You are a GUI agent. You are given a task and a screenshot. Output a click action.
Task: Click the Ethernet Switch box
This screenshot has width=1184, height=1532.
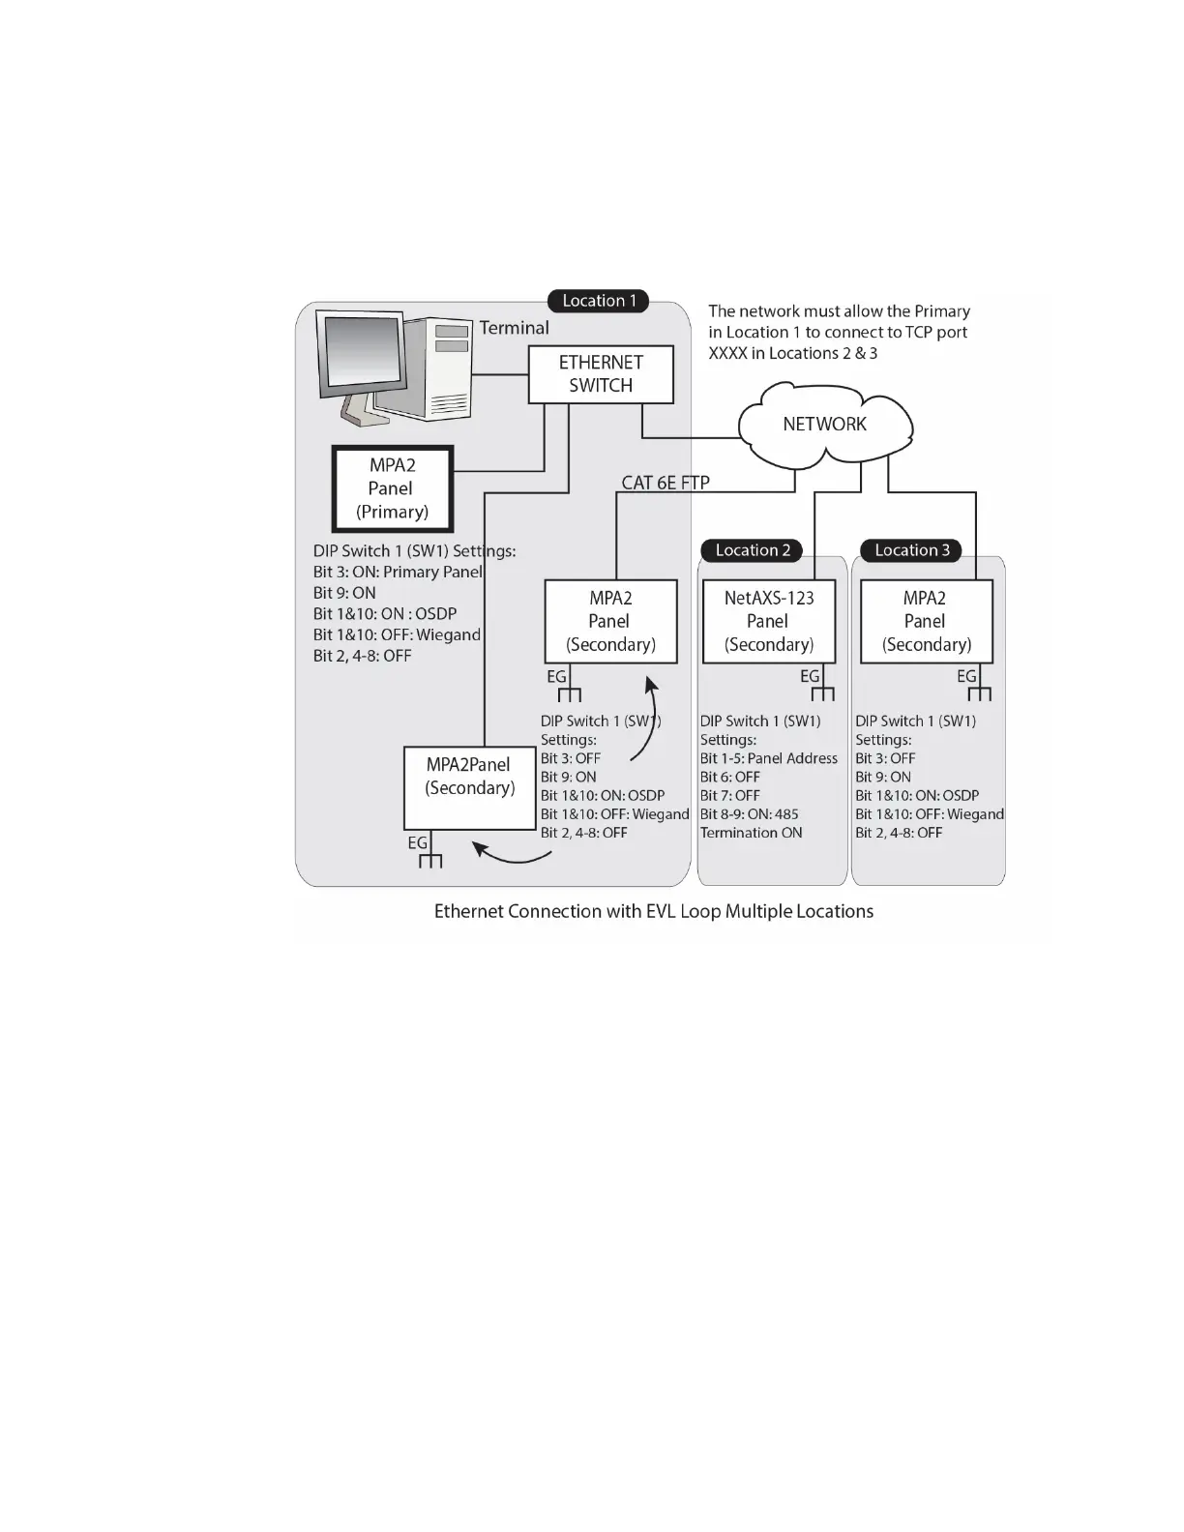(x=601, y=374)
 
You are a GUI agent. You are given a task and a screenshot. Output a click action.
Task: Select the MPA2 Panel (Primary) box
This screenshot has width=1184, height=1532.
(x=393, y=488)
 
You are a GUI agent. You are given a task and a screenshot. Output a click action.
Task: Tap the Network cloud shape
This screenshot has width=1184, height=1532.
(x=825, y=424)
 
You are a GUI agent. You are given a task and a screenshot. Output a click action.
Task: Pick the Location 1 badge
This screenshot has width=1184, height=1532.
(x=599, y=301)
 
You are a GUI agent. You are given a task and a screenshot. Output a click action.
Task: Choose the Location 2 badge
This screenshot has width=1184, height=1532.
(x=753, y=550)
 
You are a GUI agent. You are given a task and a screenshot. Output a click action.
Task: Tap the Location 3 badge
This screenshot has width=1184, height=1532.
(x=911, y=550)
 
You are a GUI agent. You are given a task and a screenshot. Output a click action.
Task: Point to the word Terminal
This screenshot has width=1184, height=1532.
(x=514, y=328)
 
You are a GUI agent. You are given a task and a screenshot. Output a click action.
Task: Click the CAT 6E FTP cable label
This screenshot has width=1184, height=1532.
(x=666, y=482)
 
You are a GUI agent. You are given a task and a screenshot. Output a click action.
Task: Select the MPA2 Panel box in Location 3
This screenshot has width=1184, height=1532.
(x=926, y=621)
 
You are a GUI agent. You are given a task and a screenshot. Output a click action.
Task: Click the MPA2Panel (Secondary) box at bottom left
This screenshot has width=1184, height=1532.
(x=469, y=786)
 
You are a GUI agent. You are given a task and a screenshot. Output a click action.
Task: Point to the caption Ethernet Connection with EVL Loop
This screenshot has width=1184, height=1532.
(x=654, y=911)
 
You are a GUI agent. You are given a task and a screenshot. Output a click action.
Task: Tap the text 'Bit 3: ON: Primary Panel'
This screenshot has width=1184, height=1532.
(x=398, y=572)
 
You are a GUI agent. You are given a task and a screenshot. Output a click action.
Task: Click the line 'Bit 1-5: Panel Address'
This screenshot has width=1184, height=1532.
(x=769, y=758)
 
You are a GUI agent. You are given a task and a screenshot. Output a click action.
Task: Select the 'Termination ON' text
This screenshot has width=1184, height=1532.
(x=752, y=833)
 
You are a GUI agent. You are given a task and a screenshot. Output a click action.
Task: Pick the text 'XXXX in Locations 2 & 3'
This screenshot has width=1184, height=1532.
(x=793, y=353)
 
